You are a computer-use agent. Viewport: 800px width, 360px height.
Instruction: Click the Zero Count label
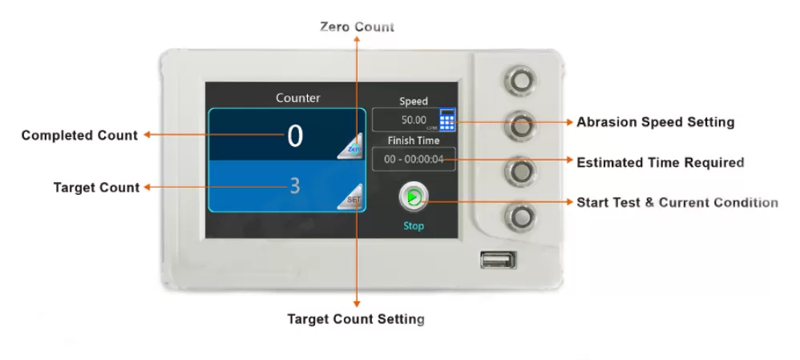coord(358,26)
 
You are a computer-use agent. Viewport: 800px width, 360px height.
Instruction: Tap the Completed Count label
coord(79,136)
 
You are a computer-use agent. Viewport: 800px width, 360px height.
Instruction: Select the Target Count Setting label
coord(356,319)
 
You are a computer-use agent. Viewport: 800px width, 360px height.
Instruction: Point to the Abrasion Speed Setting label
coord(655,122)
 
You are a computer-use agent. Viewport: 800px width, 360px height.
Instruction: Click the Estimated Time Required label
coord(661,163)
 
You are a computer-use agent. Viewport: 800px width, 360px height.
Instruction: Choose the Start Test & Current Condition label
coord(677,202)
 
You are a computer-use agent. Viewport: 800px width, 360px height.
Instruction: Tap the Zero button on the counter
coord(350,147)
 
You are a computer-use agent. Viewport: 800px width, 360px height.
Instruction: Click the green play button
coord(414,197)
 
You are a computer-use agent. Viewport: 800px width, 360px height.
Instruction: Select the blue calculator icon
coord(447,120)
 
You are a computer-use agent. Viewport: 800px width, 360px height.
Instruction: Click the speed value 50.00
coord(414,120)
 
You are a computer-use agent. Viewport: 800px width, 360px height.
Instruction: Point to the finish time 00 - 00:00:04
coord(414,160)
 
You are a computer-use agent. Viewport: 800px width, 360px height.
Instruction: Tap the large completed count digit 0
coord(295,136)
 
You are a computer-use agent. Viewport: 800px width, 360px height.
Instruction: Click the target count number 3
coord(295,186)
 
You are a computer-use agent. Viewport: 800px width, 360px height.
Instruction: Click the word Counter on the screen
coord(298,98)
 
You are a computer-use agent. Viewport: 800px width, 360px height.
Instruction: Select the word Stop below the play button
coord(414,226)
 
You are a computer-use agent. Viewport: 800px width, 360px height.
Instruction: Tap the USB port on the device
coord(498,260)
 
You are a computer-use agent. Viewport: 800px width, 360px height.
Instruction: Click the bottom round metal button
coord(520,218)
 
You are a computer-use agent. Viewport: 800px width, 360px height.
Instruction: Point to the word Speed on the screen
coord(414,101)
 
